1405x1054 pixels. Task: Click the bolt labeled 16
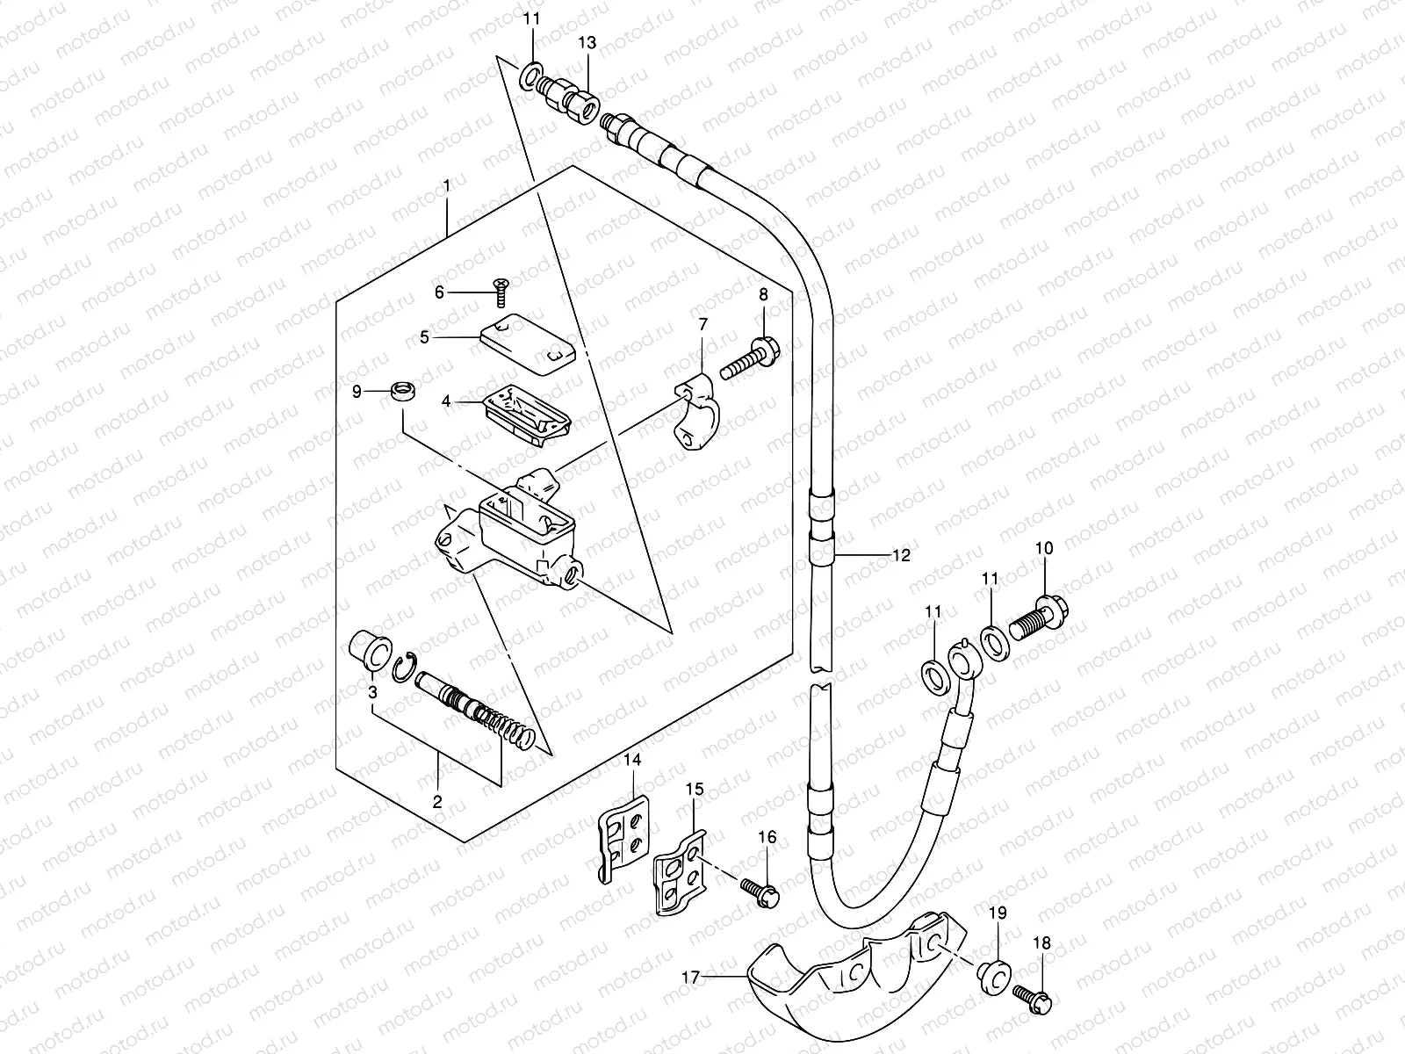point(761,889)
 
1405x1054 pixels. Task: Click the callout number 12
point(901,555)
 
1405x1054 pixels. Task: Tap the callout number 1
point(447,185)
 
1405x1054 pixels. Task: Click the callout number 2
point(436,801)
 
